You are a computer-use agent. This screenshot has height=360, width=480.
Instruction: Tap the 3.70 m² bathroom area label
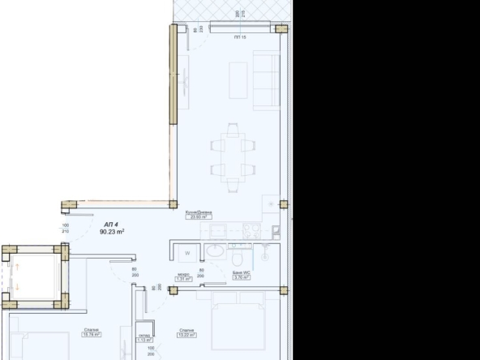[240, 276]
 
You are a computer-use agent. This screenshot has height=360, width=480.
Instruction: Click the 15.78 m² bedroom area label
[91, 332]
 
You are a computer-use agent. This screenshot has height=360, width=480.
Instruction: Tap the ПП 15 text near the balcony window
[239, 37]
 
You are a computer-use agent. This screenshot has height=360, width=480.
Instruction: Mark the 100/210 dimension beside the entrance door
[66, 229]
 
